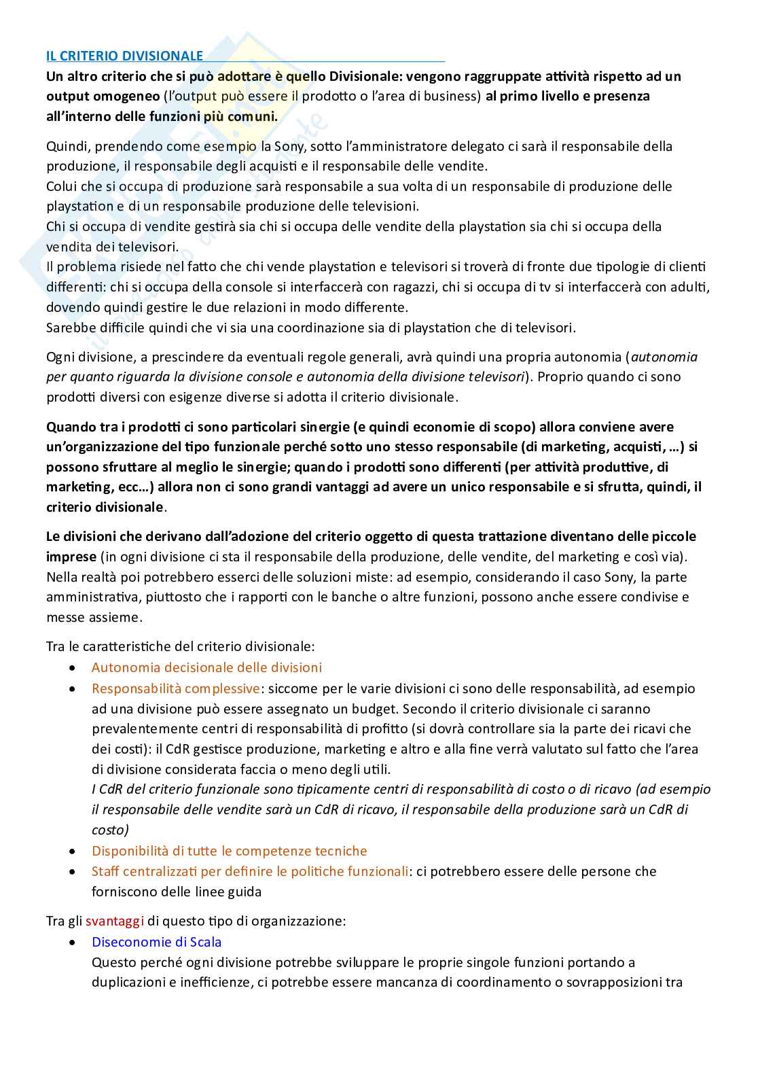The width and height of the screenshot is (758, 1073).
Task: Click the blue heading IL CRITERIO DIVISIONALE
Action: point(124,56)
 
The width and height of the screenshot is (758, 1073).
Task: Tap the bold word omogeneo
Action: point(122,96)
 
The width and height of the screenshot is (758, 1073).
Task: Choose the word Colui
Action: point(62,186)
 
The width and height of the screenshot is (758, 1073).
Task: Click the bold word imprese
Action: point(71,557)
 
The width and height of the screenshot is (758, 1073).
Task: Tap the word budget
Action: point(373,709)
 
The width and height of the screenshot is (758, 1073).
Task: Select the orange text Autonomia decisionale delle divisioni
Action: point(206,667)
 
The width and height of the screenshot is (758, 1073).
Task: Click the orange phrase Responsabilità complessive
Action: point(175,688)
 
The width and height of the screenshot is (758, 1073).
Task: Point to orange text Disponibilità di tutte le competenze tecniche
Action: point(229,851)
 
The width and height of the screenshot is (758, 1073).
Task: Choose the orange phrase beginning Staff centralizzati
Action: point(250,871)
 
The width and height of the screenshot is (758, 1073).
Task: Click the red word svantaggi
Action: point(115,921)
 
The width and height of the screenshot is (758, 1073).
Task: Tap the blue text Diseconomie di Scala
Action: point(156,942)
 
